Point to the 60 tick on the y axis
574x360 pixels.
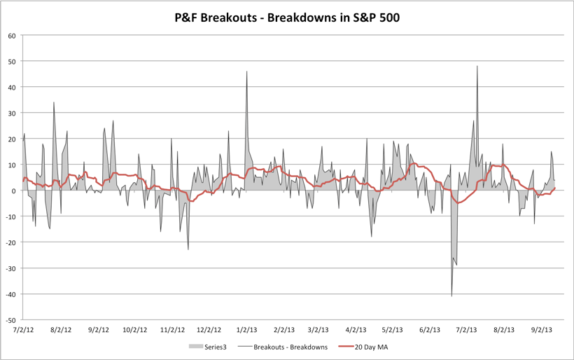tap(12, 36)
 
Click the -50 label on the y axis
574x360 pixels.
tap(10, 319)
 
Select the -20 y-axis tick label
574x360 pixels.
tap(10, 242)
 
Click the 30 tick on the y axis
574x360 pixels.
tap(12, 113)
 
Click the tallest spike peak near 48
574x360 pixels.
tap(477, 67)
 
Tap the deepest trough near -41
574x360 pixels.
tap(451, 296)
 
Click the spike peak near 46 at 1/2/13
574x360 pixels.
tap(246, 71)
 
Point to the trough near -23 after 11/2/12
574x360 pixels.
tap(188, 249)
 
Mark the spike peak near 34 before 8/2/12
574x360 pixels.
tap(54, 102)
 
